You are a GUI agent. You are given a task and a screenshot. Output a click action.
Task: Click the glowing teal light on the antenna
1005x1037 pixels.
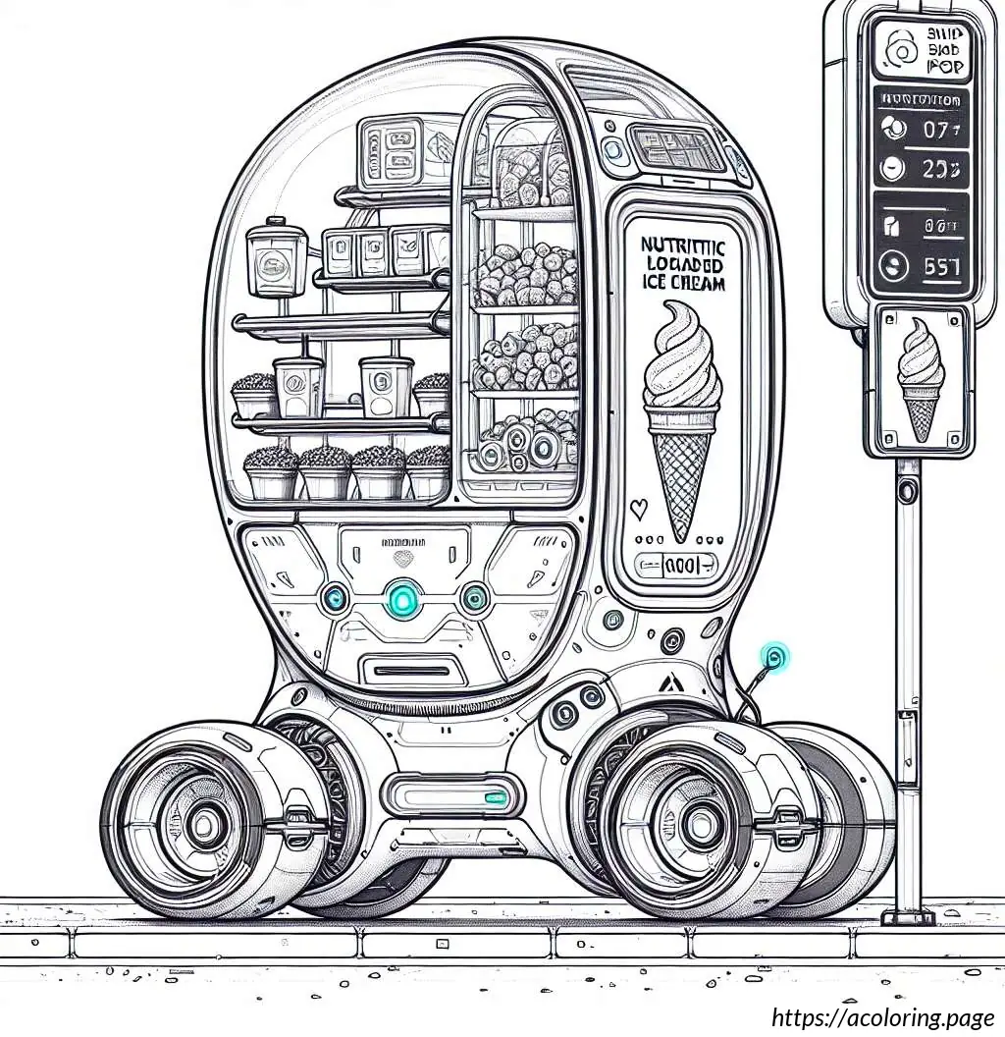[776, 656]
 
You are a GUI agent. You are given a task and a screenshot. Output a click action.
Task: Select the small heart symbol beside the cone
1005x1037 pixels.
[638, 509]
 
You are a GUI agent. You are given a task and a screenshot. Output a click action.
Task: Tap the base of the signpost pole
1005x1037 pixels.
[908, 914]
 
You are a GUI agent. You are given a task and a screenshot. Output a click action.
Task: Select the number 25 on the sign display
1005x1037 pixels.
[939, 169]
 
